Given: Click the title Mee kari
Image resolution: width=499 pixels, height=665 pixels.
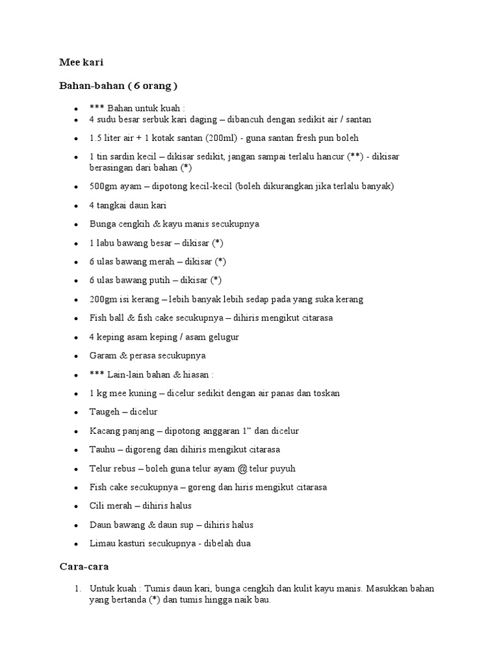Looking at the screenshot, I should click(81, 63).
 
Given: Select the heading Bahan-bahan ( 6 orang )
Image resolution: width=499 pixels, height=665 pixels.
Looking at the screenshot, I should click(118, 86).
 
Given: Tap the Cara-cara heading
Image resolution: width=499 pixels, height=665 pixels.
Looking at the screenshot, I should click(84, 566).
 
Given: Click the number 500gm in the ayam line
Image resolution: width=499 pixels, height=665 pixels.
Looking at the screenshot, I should click(103, 186).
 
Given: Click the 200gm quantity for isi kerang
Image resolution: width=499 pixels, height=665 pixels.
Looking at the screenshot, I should click(103, 299).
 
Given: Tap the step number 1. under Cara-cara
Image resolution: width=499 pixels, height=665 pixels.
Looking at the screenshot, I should click(77, 589).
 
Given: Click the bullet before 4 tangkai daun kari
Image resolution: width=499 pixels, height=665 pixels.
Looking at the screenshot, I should click(77, 206).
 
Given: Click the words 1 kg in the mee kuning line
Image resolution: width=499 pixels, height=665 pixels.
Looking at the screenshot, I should click(99, 394).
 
